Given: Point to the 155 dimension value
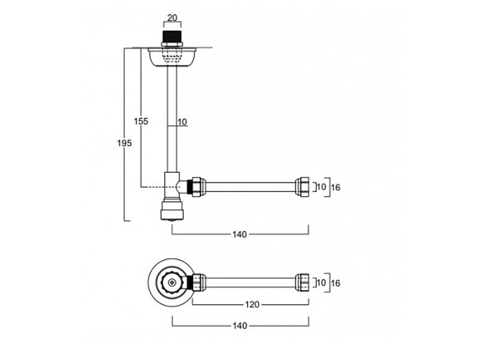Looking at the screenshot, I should pos(141,121).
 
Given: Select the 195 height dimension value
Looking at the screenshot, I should pos(124,143).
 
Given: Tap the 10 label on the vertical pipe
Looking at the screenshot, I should pos(182,122).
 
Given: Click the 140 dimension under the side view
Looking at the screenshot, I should pos(239,233).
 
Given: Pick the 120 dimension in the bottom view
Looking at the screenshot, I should pos(251,305).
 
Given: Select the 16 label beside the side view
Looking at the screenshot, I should pos(335,187).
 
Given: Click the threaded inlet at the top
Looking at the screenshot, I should pos(173,35).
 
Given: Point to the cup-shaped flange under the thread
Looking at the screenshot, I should pos(173,58).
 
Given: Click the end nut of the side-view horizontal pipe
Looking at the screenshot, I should pos(303,187).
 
